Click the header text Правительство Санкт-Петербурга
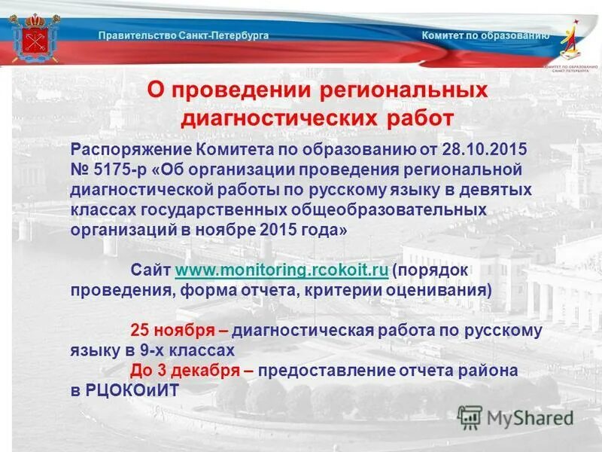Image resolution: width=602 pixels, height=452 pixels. coord(184,35)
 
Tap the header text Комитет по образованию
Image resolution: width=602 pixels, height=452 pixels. coord(485,35)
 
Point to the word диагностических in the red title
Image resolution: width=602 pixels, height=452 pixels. coord(278,118)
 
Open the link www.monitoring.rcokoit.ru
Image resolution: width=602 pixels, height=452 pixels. coord(281,270)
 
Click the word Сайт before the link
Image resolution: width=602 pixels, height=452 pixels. coord(150,270)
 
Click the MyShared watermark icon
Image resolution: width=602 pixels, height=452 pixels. coord(470,417)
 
